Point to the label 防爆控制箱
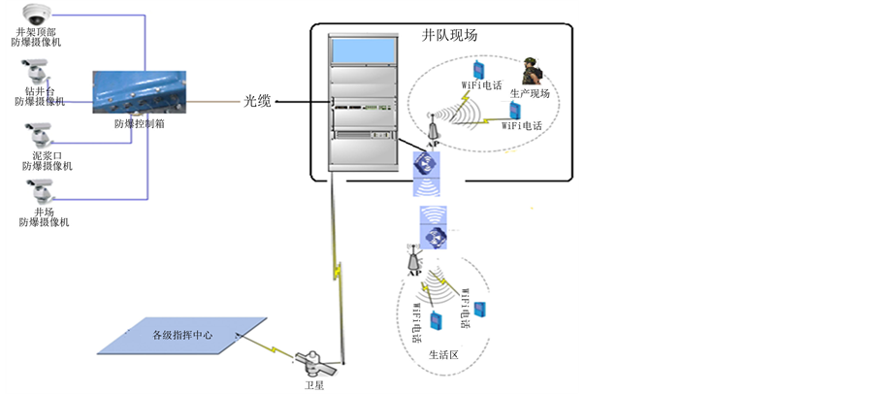pos(139,124)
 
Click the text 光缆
pos(257,100)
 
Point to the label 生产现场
pos(530,93)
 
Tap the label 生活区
pos(442,355)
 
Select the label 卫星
pos(314,386)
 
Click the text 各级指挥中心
pos(182,336)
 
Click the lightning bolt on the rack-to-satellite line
pos(339,266)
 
